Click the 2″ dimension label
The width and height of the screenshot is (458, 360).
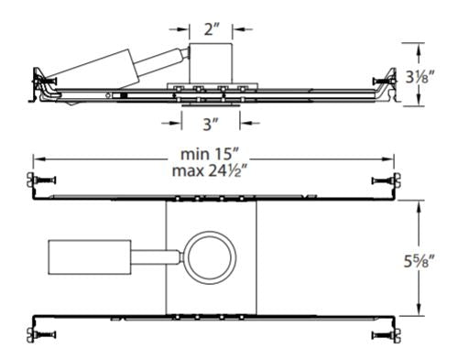[x=212, y=29]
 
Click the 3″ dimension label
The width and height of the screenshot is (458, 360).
[x=211, y=125]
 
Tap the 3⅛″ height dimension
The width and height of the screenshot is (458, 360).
[x=420, y=77]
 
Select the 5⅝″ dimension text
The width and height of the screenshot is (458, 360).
[x=420, y=262]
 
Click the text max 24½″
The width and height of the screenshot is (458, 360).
[x=210, y=171]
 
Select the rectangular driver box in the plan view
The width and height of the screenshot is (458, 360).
[x=90, y=257]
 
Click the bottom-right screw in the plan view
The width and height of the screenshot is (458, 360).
[x=386, y=335]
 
